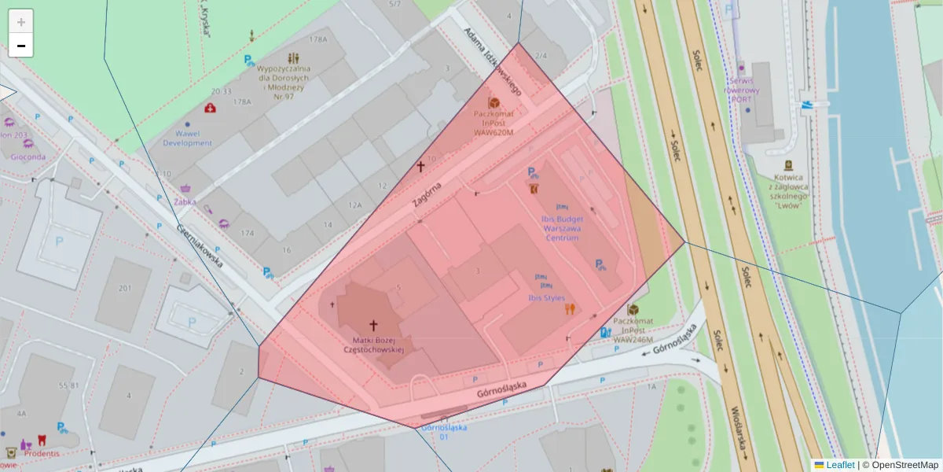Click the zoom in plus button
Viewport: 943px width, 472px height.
pyautogui.click(x=20, y=22)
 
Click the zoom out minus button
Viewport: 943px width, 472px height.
pyautogui.click(x=20, y=46)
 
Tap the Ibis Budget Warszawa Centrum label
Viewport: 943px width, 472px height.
pyautogui.click(x=561, y=227)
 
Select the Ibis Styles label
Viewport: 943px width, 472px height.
pyautogui.click(x=547, y=298)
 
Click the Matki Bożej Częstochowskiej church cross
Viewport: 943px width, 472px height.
pyautogui.click(x=373, y=324)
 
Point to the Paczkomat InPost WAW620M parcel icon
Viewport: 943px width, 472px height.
pyautogui.click(x=494, y=103)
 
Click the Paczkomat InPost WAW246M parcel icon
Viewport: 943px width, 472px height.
pyautogui.click(x=633, y=312)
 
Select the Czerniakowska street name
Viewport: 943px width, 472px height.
pyautogui.click(x=200, y=244)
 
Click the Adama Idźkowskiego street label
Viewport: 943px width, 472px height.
pyautogui.click(x=493, y=62)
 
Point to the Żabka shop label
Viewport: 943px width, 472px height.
pyautogui.click(x=185, y=201)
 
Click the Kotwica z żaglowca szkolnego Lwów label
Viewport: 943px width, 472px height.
pyautogui.click(x=788, y=191)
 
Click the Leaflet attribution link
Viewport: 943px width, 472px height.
pyautogui.click(x=839, y=465)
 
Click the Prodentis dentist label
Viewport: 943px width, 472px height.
pyautogui.click(x=42, y=453)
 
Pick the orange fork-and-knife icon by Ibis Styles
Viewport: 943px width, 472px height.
pyautogui.click(x=570, y=309)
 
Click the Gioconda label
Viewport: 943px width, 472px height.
pyautogui.click(x=28, y=156)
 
